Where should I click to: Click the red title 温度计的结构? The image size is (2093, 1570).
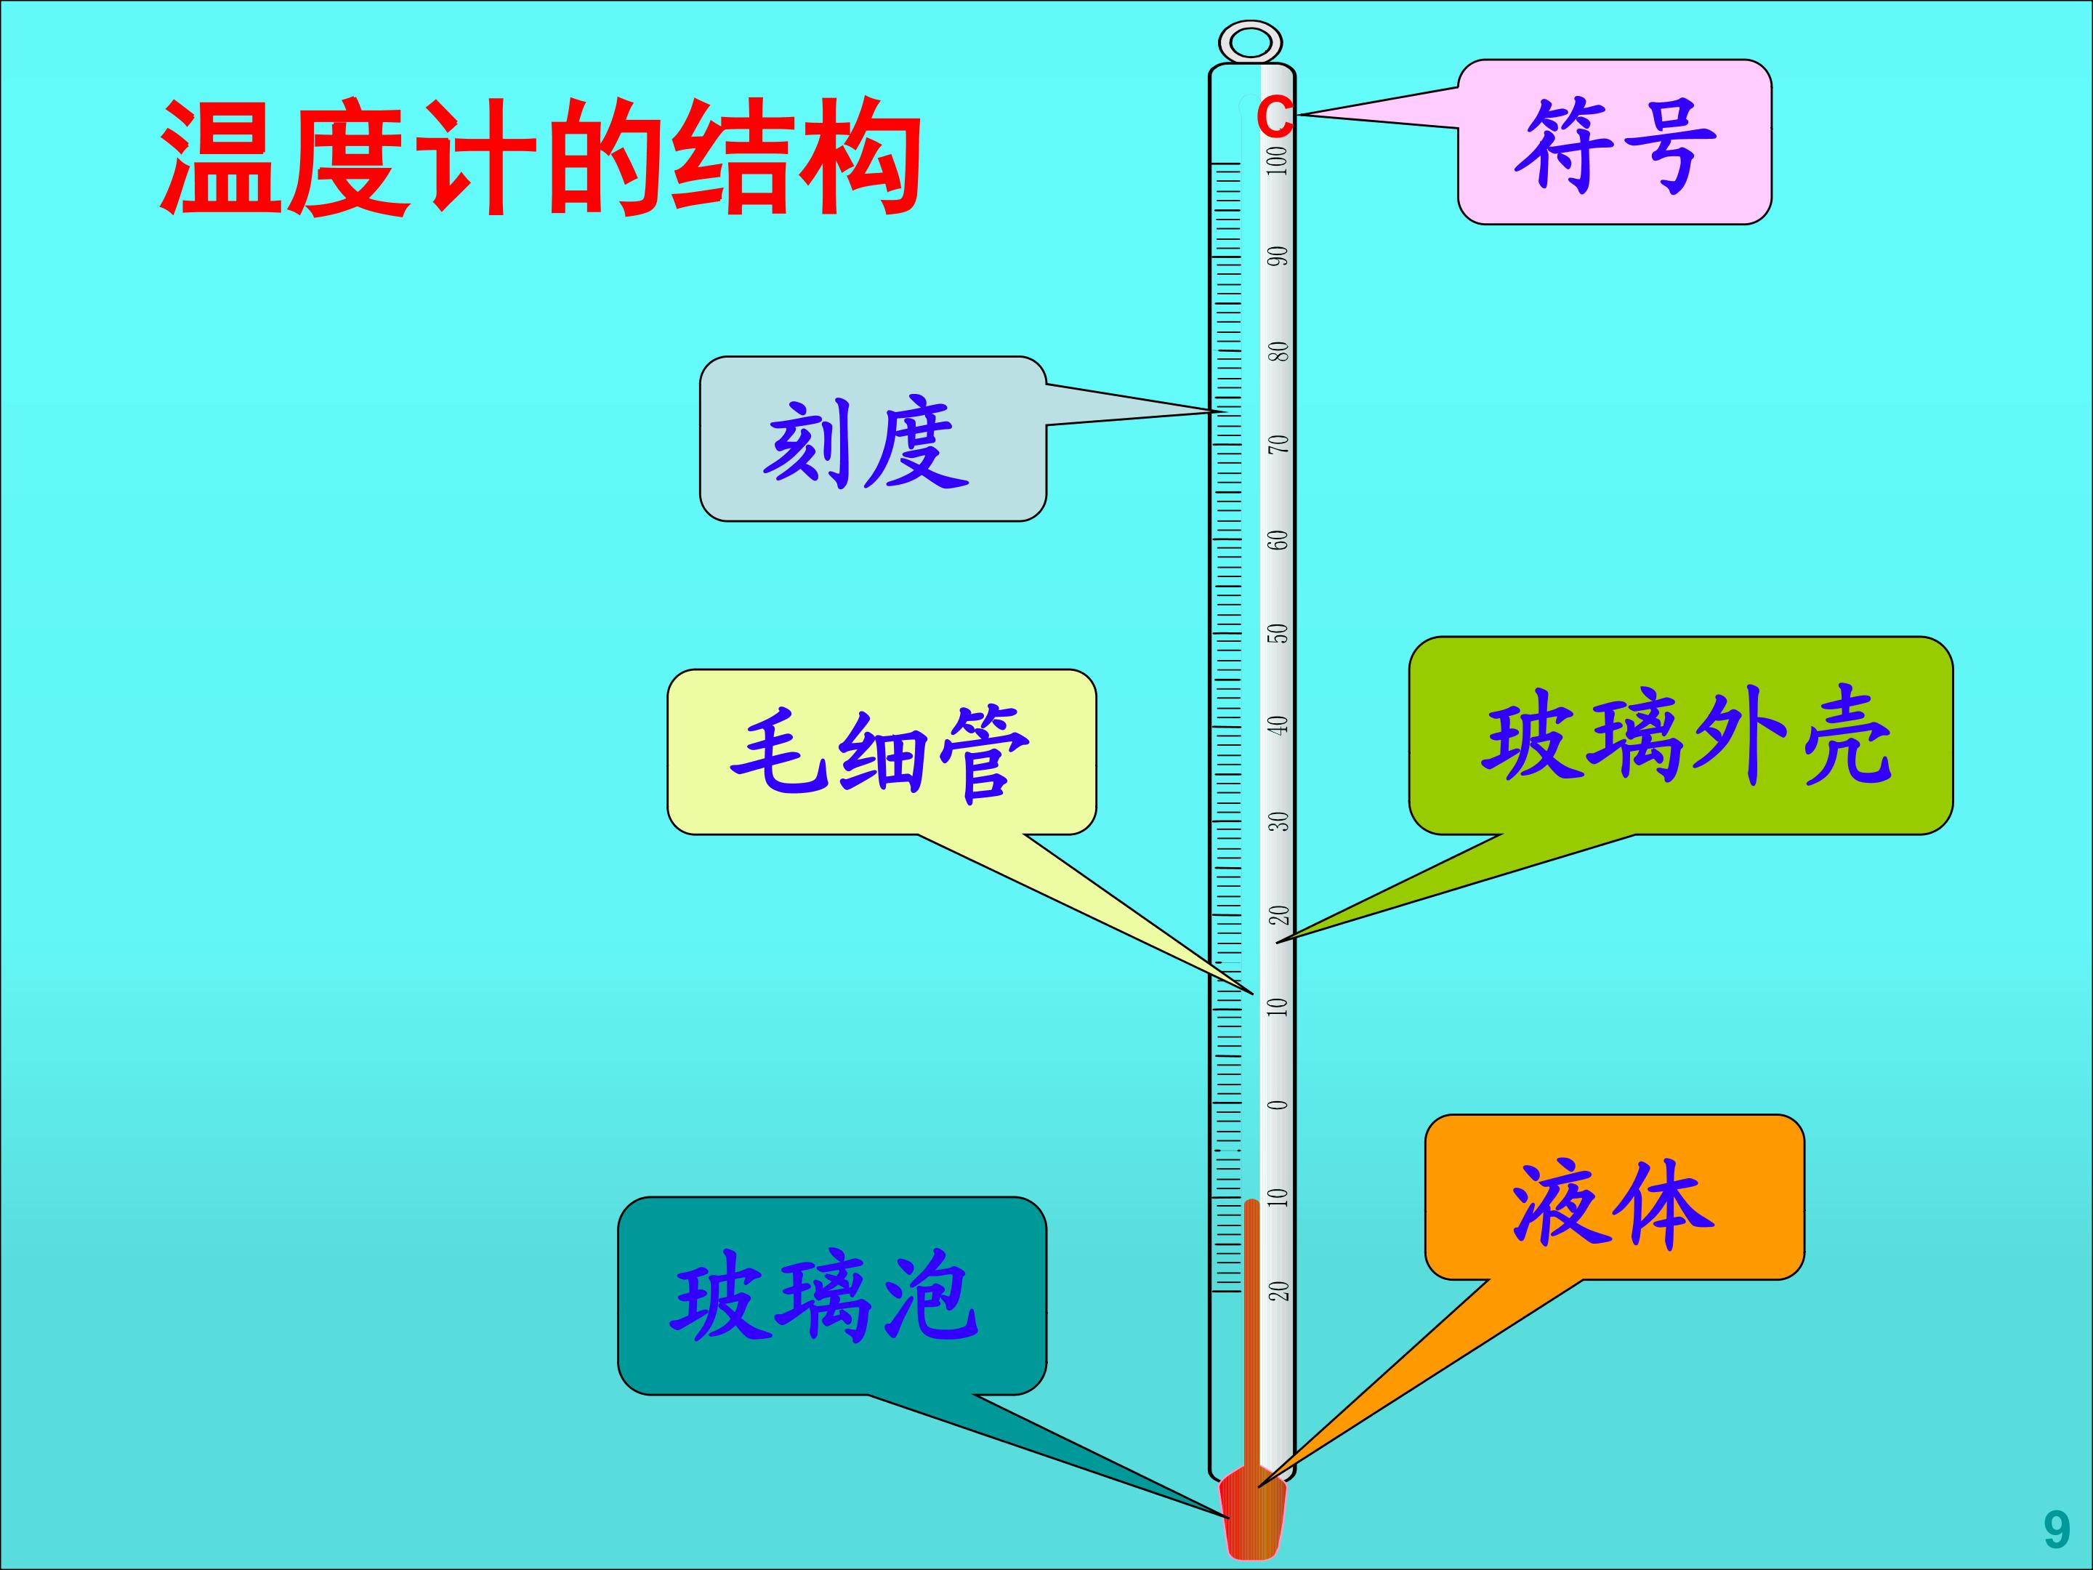pyautogui.click(x=540, y=158)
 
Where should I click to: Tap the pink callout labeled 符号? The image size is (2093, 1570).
pyautogui.click(x=1614, y=142)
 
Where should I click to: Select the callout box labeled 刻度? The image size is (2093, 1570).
pyautogui.click(x=872, y=439)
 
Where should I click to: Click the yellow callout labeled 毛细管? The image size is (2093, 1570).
pyautogui.click(x=882, y=752)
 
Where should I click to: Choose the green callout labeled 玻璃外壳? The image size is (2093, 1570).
pyautogui.click(x=1682, y=736)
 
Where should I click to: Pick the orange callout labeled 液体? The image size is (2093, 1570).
pyautogui.click(x=1614, y=1197)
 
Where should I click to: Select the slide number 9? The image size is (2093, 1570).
pyautogui.click(x=2057, y=1529)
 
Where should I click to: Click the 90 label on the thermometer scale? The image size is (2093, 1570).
pyautogui.click(x=1279, y=257)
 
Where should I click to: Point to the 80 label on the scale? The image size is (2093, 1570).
pyautogui.click(x=1279, y=351)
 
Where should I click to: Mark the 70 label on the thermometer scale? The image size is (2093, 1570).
pyautogui.click(x=1279, y=444)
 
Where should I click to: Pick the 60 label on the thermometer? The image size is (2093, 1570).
pyautogui.click(x=1279, y=539)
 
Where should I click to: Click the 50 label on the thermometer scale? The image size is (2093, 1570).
pyautogui.click(x=1279, y=633)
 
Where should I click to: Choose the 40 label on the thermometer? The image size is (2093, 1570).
pyautogui.click(x=1279, y=726)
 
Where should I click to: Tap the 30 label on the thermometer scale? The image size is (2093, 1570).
pyautogui.click(x=1279, y=821)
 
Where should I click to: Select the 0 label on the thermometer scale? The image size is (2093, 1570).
pyautogui.click(x=1279, y=1104)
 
